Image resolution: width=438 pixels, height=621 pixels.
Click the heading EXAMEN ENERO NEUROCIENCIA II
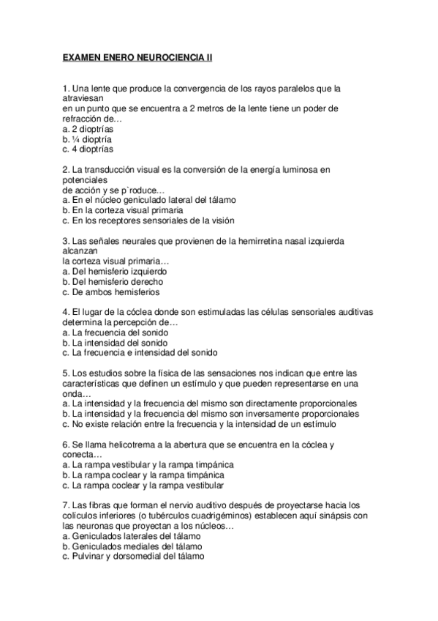[137, 54]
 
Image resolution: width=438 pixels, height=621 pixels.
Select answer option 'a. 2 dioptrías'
[88, 128]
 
